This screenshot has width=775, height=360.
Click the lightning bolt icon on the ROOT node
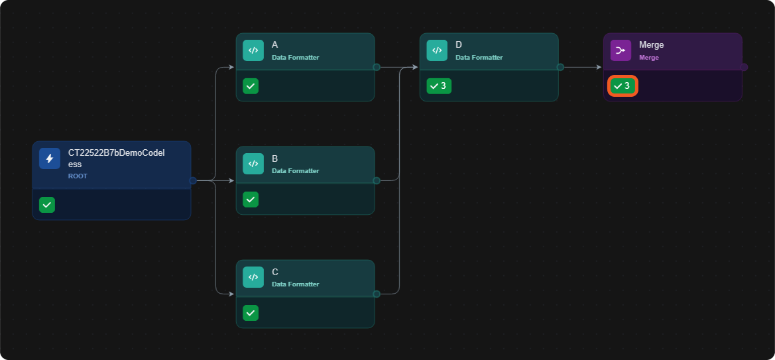[50, 158]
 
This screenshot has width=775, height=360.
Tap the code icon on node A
[253, 50]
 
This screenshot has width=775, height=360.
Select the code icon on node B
[253, 164]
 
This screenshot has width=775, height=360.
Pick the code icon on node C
[253, 277]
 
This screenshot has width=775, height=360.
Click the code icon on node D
[437, 50]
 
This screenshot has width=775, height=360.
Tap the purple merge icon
[621, 50]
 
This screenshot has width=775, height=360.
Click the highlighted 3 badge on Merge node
[623, 86]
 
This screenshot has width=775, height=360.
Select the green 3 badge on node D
[439, 86]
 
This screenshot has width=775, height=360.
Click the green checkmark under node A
[251, 86]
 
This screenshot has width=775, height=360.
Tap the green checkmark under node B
[251, 200]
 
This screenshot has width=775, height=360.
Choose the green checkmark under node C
[251, 312]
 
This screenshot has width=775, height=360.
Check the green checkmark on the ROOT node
[47, 205]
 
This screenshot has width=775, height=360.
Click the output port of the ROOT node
[193, 180]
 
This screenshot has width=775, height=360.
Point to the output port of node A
[376, 67]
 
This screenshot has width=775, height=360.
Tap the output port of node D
[560, 67]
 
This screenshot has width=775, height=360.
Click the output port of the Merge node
[744, 67]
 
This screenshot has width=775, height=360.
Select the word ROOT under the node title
[78, 176]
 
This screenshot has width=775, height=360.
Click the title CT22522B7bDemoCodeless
[116, 158]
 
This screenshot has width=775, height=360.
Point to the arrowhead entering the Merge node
[599, 67]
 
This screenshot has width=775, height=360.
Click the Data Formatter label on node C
[295, 284]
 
